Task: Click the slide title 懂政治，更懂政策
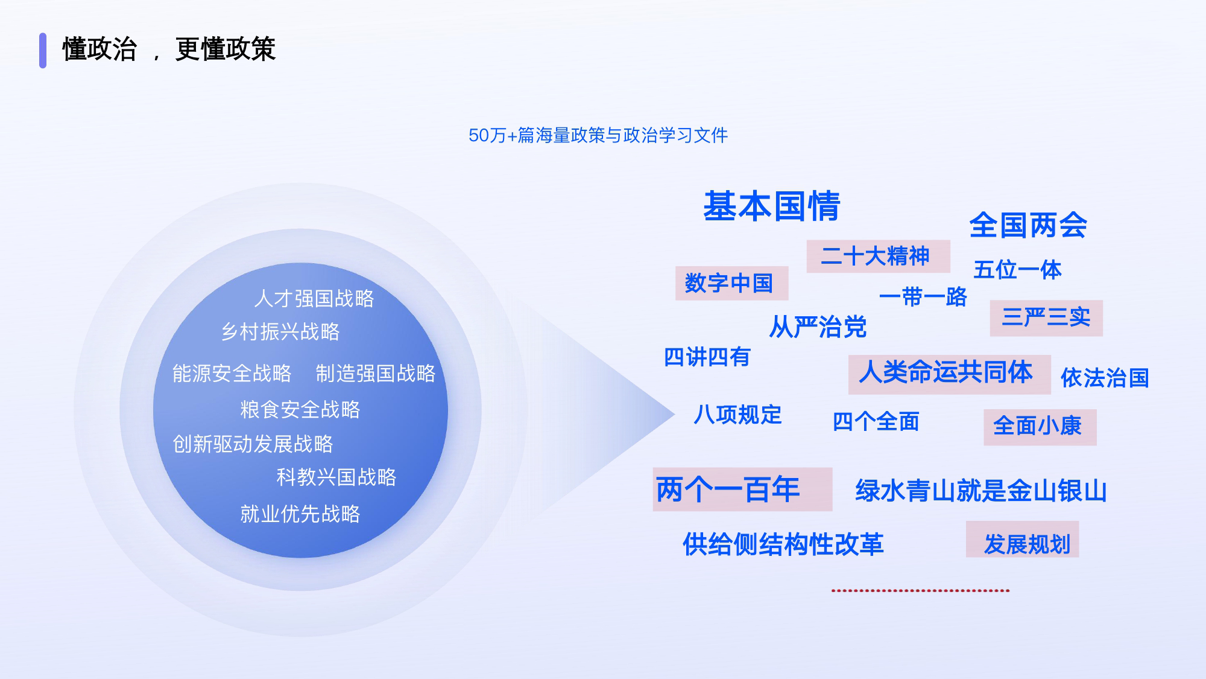[x=169, y=49]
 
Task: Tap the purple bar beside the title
[x=43, y=50]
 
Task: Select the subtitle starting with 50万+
[x=598, y=135]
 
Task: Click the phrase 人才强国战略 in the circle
[x=314, y=298]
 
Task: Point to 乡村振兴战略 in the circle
[x=280, y=331]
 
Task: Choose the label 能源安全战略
[x=232, y=373]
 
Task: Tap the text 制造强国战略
[x=375, y=373]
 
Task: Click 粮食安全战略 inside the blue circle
[x=300, y=409]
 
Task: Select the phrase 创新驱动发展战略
[x=253, y=444]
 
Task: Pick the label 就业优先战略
[x=300, y=514]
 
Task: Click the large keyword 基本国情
[x=772, y=206]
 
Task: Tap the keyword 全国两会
[x=1028, y=225]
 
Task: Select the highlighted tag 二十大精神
[x=878, y=256]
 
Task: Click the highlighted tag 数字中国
[x=731, y=283]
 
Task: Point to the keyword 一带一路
[x=923, y=297]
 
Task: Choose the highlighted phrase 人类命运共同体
[x=949, y=374]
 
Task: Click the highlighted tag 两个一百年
[x=742, y=489]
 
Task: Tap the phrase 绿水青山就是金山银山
[x=981, y=491]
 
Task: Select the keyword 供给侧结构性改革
[x=783, y=544]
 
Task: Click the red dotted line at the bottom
[x=920, y=590]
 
